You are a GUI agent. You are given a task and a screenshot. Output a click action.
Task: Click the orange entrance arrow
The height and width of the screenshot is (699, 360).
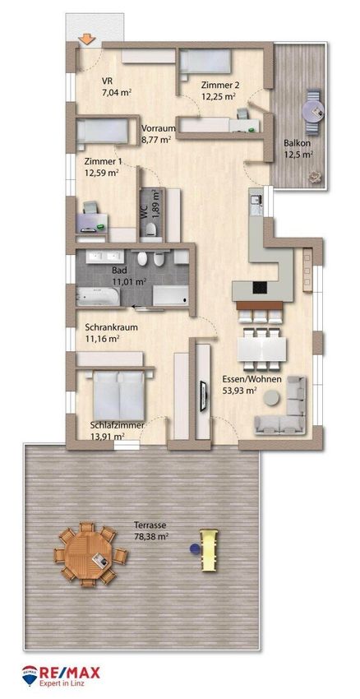pyautogui.click(x=87, y=39)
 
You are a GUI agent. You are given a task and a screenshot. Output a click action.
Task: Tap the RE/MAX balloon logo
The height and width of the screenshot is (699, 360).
pyautogui.click(x=30, y=674)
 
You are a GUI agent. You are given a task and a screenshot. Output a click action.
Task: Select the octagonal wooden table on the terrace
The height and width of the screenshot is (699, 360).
pyautogui.click(x=90, y=554)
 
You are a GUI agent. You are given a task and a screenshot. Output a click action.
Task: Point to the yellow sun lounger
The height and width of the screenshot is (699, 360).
pyautogui.click(x=209, y=549)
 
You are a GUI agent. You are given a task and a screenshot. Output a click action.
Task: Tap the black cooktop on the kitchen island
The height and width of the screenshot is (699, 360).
pyautogui.click(x=260, y=288)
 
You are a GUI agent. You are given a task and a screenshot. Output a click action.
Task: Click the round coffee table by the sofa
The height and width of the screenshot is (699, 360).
pyautogui.click(x=271, y=398)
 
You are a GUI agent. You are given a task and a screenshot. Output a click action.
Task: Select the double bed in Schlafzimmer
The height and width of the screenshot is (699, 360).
pyautogui.click(x=118, y=396)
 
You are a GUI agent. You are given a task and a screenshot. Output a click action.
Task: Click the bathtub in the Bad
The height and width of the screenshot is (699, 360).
pyautogui.click(x=98, y=296)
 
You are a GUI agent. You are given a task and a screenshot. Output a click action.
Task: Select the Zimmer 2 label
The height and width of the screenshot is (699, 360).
pyautogui.click(x=218, y=85)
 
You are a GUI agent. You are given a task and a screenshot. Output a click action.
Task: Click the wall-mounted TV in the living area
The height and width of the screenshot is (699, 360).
pyautogui.click(x=203, y=396)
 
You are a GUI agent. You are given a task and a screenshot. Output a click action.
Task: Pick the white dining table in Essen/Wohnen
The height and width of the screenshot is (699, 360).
pyautogui.click(x=262, y=349)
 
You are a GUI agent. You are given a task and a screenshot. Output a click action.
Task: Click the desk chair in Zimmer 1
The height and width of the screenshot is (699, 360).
pyautogui.click(x=90, y=207)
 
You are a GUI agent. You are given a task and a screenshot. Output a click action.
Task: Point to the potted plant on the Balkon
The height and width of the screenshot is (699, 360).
pyautogui.click(x=315, y=177)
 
